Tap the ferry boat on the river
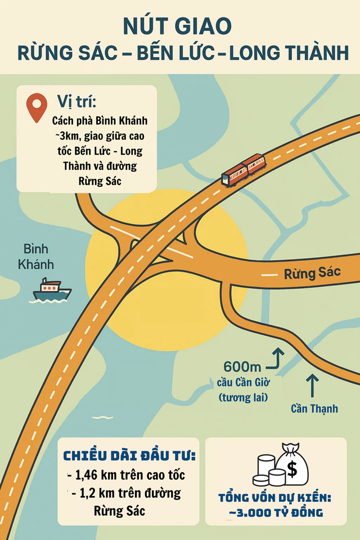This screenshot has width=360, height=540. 52,289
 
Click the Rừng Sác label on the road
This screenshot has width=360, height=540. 312,274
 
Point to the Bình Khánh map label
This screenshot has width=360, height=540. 36,256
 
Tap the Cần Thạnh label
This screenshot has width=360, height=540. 314,408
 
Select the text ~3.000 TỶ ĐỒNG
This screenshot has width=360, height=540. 276,512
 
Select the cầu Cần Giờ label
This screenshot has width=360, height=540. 244,383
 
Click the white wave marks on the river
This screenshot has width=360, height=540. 102,417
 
